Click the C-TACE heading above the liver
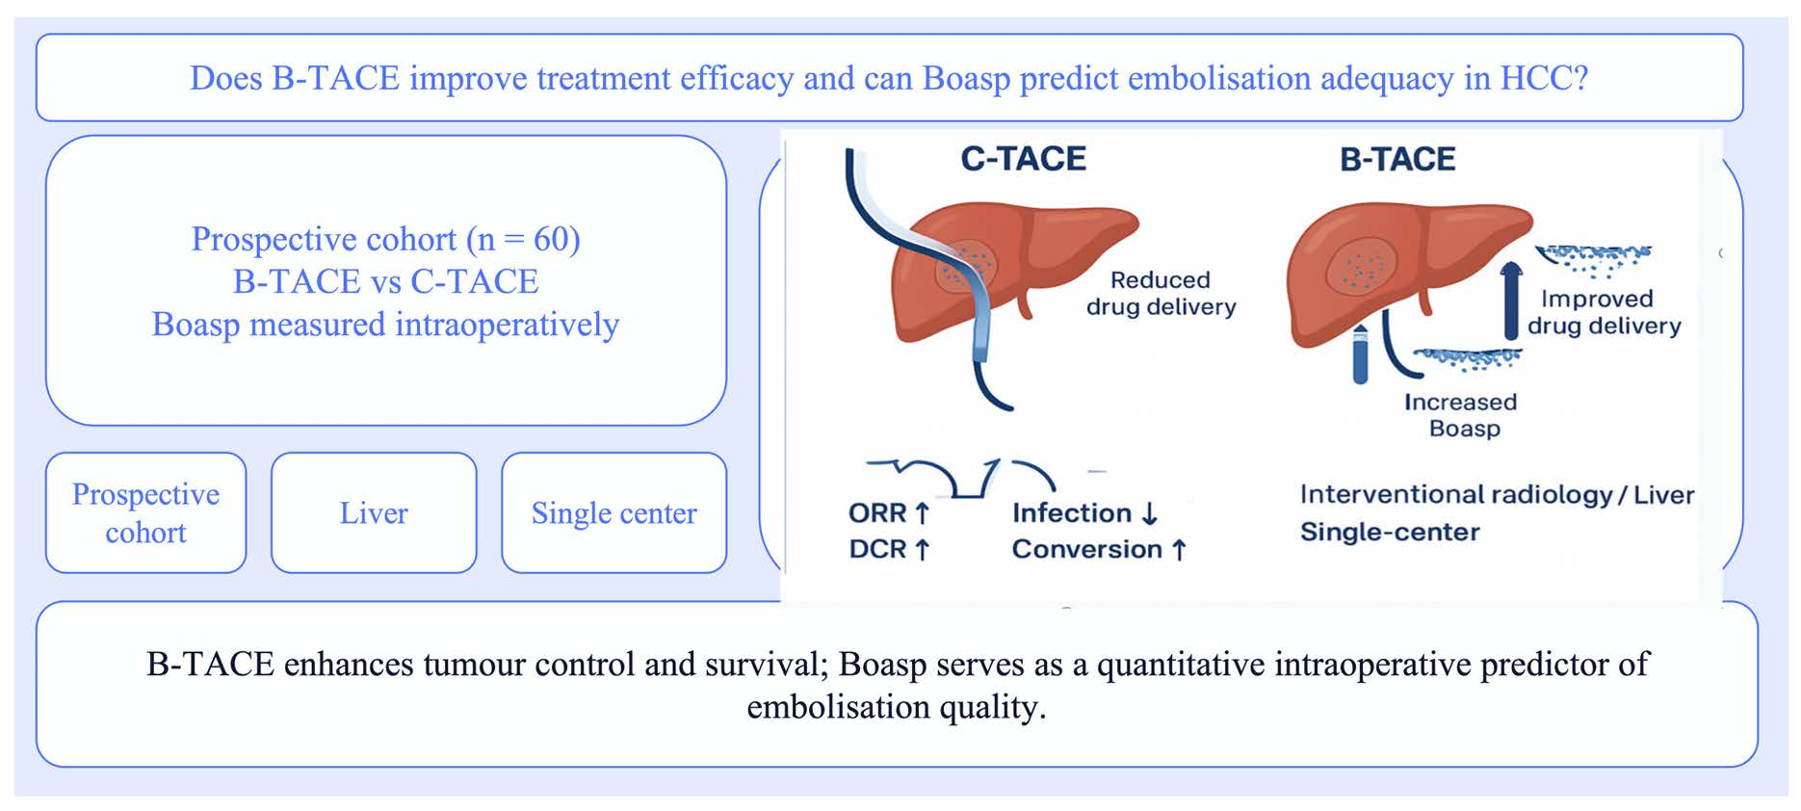(1023, 159)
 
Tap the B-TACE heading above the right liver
(1397, 160)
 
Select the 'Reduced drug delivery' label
(1161, 293)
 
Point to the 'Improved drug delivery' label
(1604, 312)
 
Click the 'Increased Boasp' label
(1461, 415)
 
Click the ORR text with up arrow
(889, 513)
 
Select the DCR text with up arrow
(889, 549)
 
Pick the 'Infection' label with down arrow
(1084, 513)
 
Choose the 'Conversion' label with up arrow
(1099, 549)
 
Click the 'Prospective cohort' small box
(145, 513)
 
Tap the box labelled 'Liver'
(374, 513)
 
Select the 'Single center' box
(613, 513)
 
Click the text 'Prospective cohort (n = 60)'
(385, 239)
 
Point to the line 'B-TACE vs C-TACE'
(385, 281)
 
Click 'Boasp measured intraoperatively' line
(385, 325)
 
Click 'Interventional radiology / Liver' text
(1497, 495)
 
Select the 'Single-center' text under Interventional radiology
(1390, 532)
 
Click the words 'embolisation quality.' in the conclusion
(897, 707)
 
